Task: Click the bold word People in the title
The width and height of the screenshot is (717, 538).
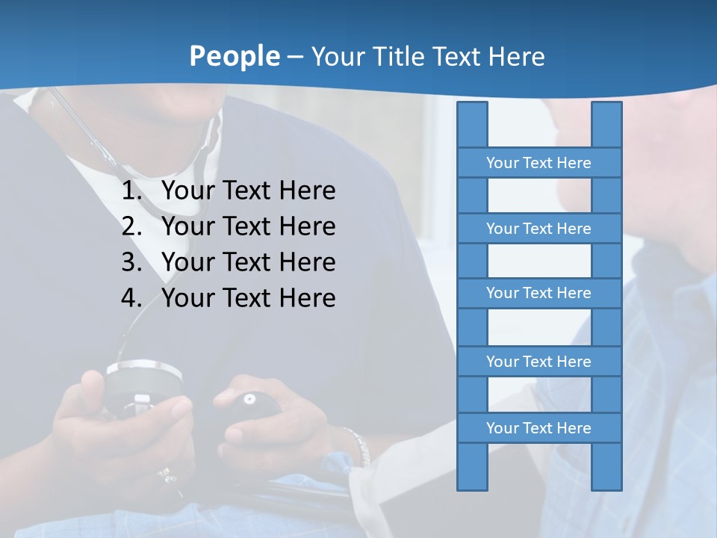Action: coord(234,56)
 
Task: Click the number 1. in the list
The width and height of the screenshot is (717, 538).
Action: coord(131,191)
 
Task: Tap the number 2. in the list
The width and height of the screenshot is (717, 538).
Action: coord(131,226)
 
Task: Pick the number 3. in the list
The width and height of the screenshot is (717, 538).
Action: coord(131,262)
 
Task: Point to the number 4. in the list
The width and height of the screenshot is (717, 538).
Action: coord(131,298)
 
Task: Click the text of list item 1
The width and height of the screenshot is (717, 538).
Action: coord(249,191)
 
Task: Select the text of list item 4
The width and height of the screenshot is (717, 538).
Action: coord(249,298)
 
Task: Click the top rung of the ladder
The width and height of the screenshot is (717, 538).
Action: coord(538,163)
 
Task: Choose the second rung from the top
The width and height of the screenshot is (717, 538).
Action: coord(538,229)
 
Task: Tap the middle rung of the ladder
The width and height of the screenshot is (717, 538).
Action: coord(538,293)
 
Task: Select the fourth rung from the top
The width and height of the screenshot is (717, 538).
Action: coord(538,362)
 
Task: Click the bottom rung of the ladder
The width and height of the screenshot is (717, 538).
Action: coord(538,428)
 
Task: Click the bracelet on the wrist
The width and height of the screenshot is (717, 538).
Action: coord(357,445)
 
